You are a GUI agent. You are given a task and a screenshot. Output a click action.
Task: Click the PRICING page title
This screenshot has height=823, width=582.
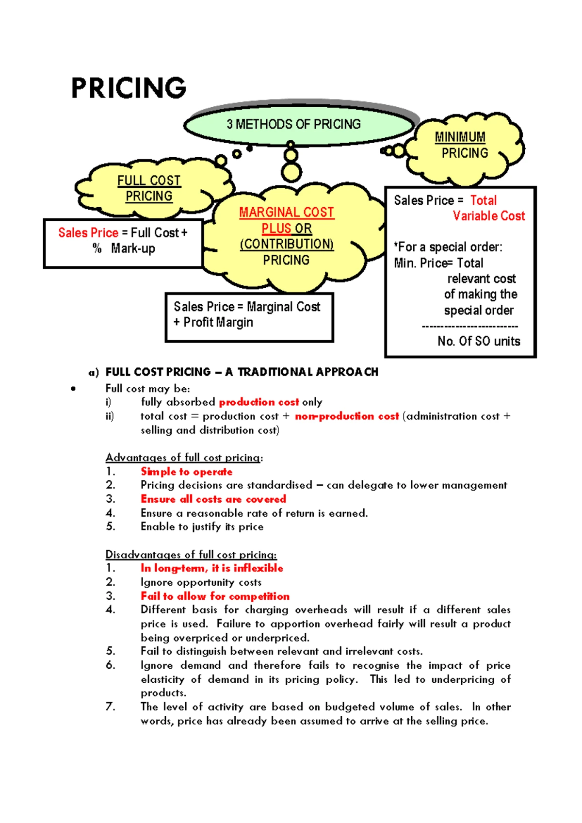coord(129,88)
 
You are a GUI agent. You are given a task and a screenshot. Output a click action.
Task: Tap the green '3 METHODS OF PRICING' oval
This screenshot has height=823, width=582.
coord(293,125)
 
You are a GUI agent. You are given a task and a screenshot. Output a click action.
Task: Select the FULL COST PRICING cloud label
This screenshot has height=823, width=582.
coord(149,188)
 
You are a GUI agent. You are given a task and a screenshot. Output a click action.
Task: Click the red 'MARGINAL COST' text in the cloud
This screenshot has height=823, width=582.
coord(286,213)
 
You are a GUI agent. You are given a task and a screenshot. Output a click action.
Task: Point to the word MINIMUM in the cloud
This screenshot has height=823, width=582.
coord(460,137)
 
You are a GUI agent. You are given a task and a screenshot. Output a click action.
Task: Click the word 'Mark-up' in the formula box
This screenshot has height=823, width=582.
coord(133,248)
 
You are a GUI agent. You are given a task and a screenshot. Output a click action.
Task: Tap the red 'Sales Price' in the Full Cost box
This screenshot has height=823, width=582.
coord(88,233)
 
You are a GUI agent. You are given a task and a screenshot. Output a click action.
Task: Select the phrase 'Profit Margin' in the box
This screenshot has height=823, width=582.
coord(218,323)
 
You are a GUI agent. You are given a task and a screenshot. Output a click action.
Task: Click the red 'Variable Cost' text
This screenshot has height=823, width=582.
coord(489,216)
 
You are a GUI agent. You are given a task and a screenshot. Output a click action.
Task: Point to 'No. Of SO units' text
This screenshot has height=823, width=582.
coord(479,341)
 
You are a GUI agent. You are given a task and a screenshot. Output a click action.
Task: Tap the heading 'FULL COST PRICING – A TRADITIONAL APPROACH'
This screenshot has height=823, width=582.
coord(242,372)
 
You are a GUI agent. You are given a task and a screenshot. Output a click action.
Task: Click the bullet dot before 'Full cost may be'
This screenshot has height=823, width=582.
coord(73,388)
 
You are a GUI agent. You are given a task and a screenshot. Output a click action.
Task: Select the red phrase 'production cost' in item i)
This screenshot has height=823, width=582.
coord(259,402)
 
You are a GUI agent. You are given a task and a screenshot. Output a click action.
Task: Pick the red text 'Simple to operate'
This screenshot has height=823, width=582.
coord(186,472)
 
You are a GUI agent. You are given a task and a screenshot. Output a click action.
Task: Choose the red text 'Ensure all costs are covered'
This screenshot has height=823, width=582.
coord(213,499)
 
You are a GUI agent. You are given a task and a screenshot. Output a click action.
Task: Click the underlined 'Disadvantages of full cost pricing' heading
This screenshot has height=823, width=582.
coord(191,555)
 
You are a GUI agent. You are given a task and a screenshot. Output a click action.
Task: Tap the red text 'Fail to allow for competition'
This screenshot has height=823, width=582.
coord(215,596)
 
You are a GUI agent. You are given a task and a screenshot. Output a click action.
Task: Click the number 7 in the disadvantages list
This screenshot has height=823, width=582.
coord(111,707)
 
